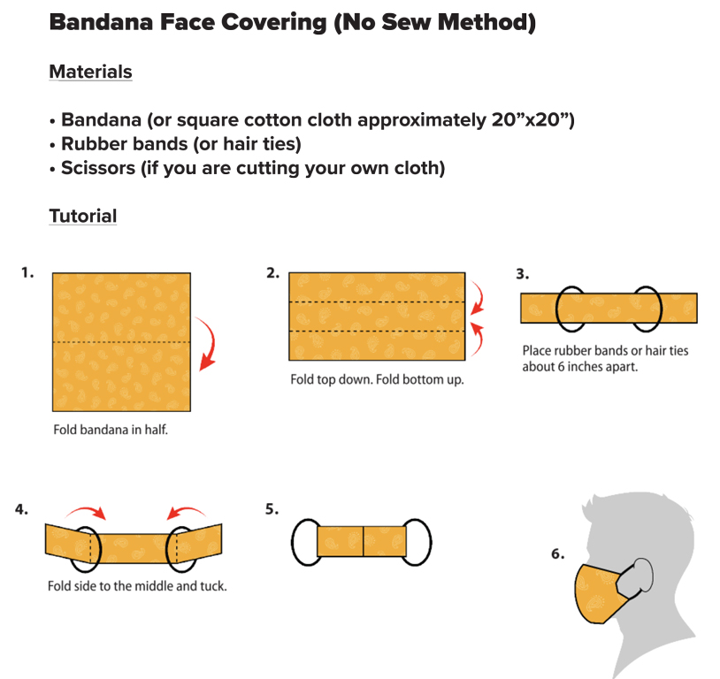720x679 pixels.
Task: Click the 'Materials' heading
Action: pos(90,72)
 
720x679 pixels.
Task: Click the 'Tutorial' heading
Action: pos(83,216)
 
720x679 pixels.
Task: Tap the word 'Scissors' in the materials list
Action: pos(98,168)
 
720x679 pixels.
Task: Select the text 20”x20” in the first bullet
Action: pos(532,120)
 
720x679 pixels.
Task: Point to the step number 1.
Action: pos(27,272)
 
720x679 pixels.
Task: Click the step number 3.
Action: pos(523,274)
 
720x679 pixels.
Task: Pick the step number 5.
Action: pos(272,509)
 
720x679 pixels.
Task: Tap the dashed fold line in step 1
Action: pos(121,342)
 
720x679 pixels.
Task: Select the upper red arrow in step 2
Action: pos(479,296)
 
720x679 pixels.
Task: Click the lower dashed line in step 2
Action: pos(377,331)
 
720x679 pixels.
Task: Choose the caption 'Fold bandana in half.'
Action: pos(111,430)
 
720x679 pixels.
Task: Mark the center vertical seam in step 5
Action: pos(364,542)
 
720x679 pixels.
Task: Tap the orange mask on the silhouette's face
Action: pos(596,593)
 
